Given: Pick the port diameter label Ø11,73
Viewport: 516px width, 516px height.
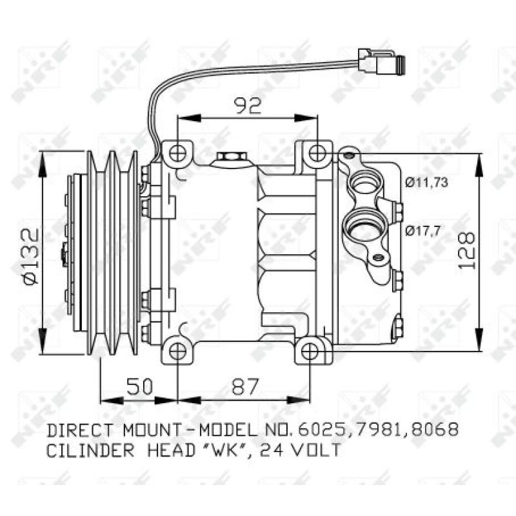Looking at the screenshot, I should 426,183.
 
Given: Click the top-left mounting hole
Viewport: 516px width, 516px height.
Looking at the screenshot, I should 177,154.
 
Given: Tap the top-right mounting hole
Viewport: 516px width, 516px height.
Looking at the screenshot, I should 316,154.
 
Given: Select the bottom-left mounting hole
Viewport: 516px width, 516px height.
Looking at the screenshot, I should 177,350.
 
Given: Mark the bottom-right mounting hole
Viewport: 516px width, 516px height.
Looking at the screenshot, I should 310,350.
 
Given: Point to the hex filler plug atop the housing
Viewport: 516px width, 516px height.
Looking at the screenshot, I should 230,157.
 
